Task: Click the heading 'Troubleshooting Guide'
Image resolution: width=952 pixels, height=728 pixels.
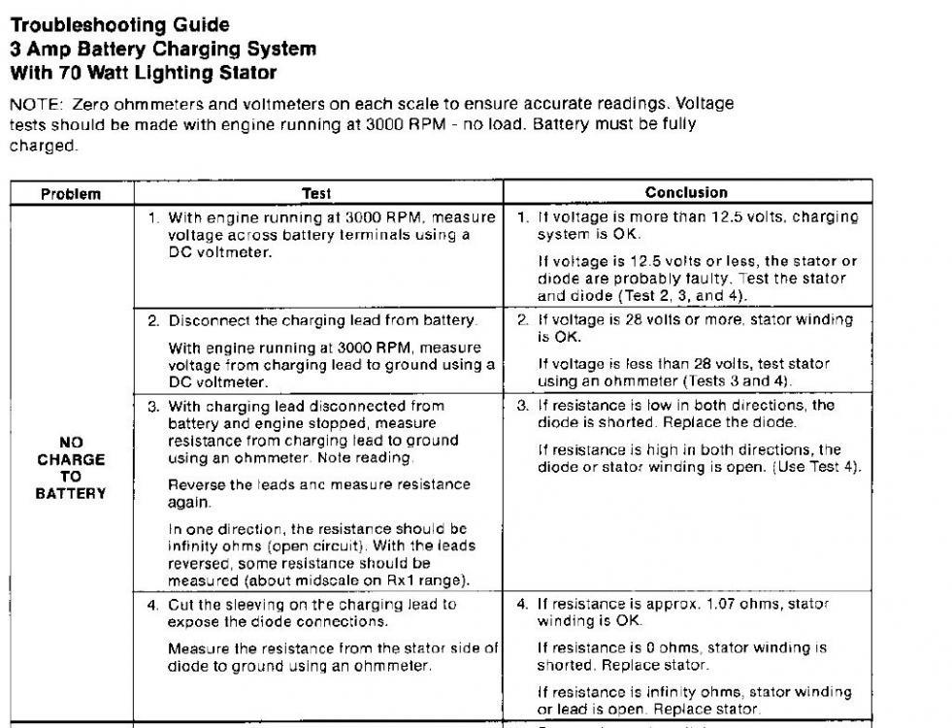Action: (x=120, y=25)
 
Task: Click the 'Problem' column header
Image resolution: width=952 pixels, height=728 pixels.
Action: (x=71, y=193)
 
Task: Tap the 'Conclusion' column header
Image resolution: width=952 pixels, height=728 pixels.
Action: (x=687, y=192)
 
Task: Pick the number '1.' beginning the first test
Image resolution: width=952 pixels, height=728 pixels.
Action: (x=153, y=217)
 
